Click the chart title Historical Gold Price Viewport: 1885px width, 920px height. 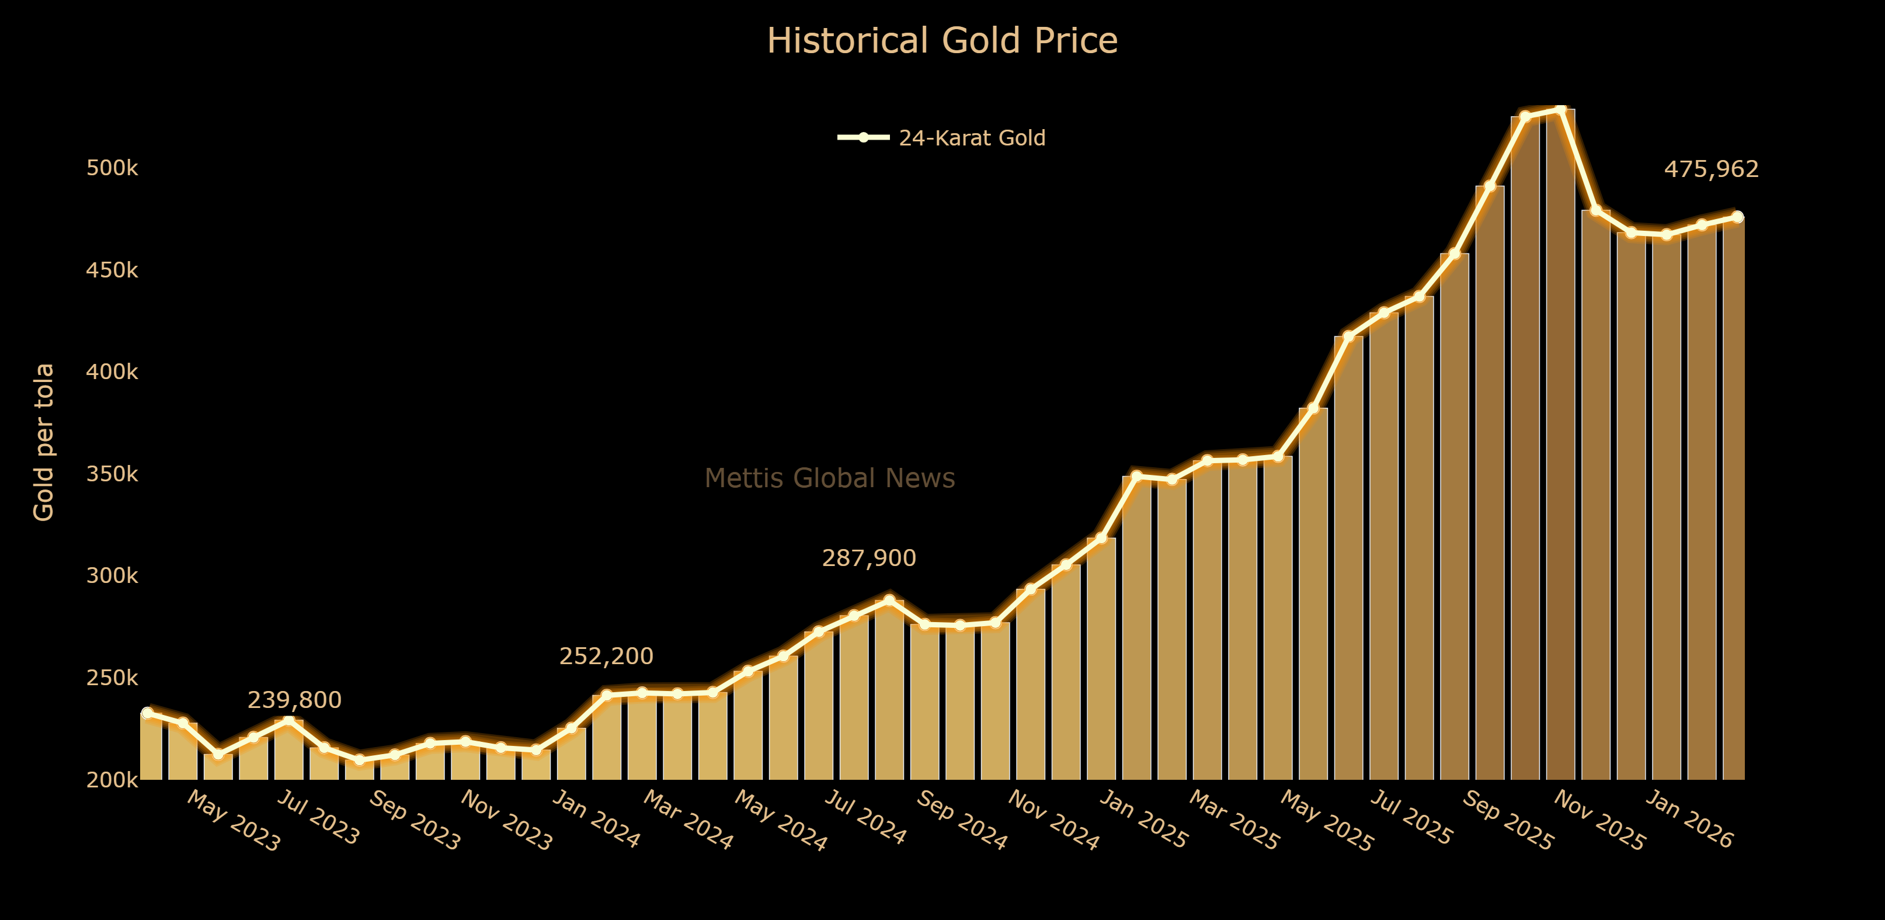coord(942,41)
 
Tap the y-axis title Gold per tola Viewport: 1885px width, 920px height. coord(44,442)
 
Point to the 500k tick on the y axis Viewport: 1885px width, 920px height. coord(112,168)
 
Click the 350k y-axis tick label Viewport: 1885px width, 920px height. coord(112,474)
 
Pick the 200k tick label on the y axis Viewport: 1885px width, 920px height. coord(112,780)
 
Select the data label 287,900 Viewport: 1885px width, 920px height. coord(868,558)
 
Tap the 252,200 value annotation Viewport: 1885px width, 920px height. coord(606,657)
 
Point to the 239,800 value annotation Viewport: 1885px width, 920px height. coord(294,700)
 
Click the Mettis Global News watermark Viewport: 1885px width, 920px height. coord(829,478)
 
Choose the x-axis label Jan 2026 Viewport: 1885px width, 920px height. coord(1689,820)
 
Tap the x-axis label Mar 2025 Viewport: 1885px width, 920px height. coord(1234,820)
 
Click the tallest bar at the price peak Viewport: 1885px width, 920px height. coord(1560,439)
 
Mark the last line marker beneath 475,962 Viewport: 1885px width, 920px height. coord(1737,217)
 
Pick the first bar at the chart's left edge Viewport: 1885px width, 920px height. coord(151,747)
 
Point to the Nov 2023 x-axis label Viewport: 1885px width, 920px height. coord(506,820)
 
